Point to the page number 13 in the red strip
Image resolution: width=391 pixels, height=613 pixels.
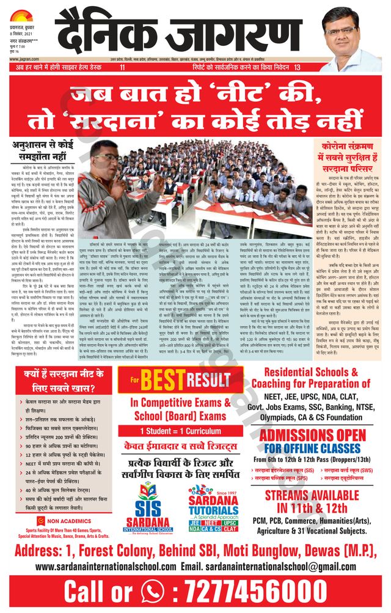[297, 67]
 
